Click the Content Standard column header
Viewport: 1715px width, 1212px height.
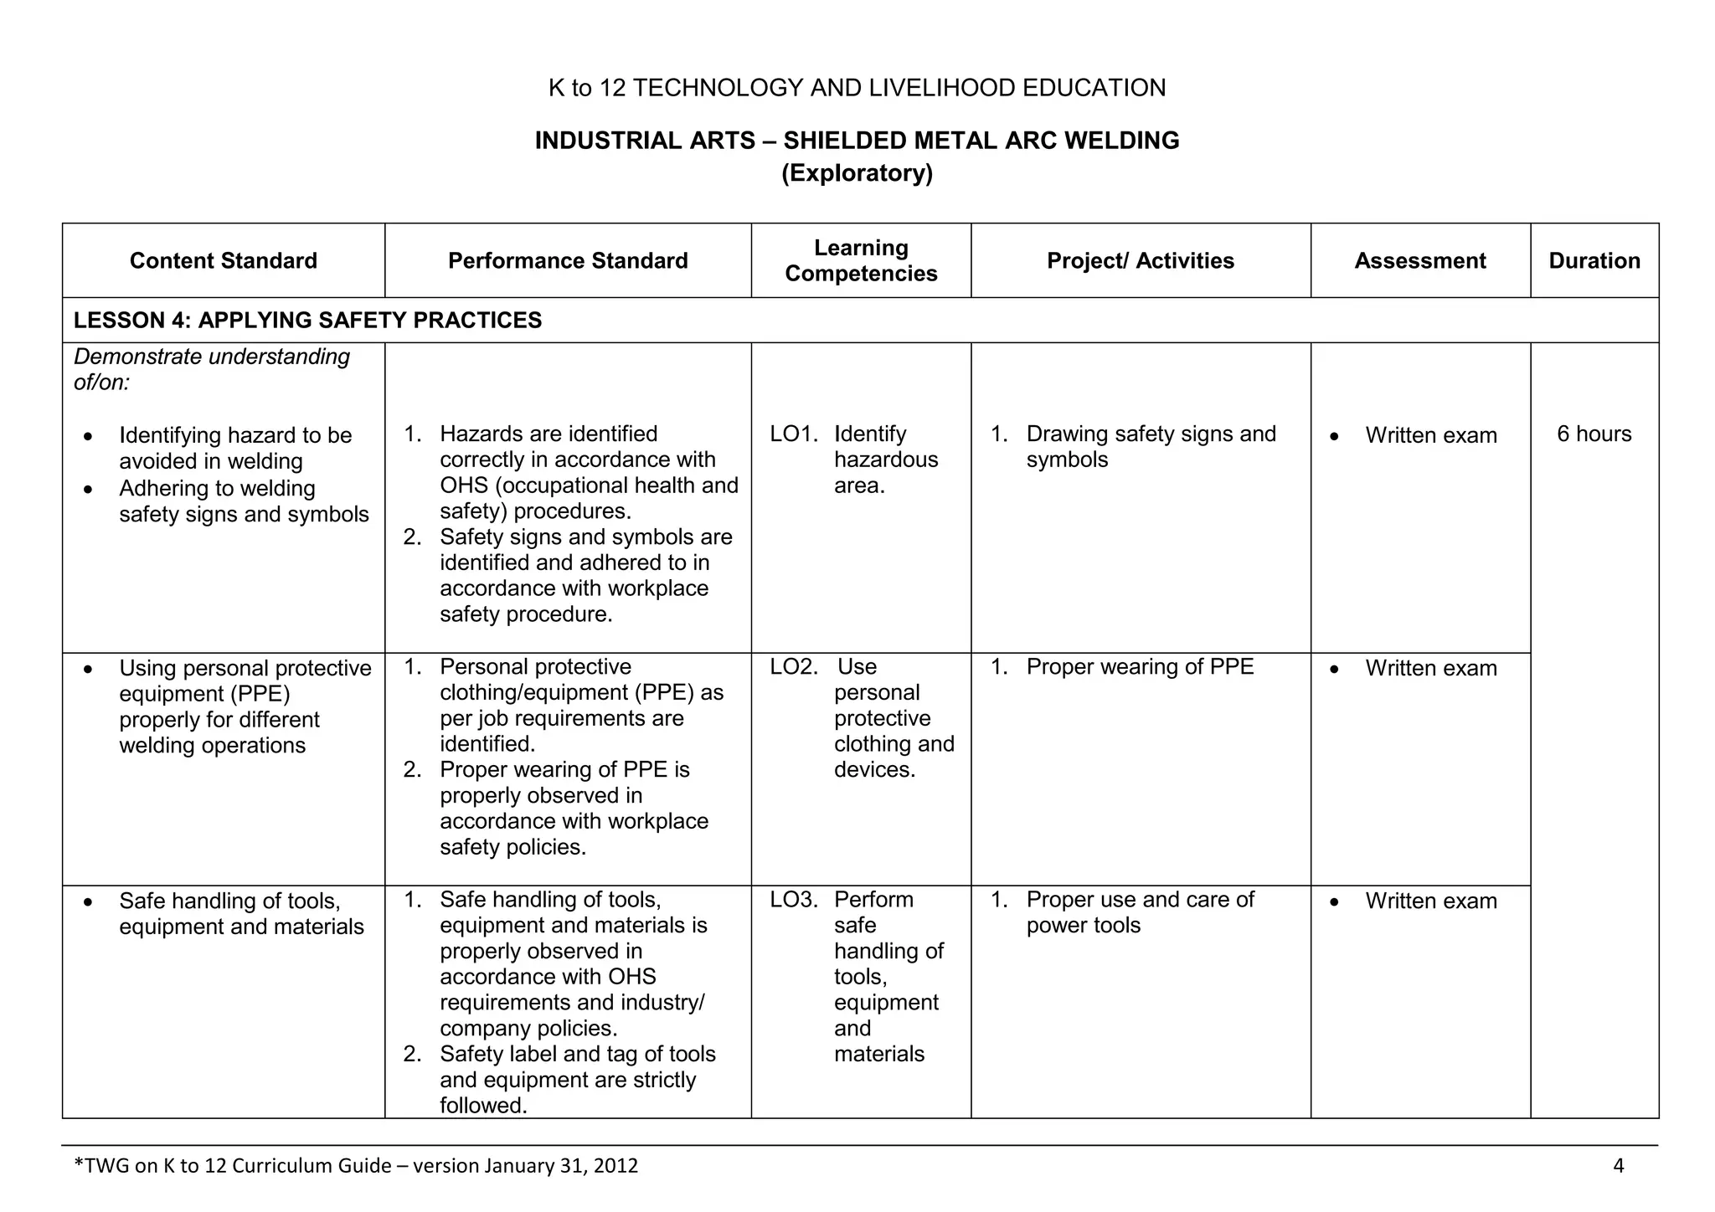223,261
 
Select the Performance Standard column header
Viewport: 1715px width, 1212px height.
568,261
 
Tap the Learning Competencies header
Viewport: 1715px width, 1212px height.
861,261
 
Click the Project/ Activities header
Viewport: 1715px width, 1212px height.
1141,261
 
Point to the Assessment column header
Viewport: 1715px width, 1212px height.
1420,261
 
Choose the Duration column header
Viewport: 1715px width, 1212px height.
1594,261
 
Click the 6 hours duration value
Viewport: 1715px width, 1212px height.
1594,434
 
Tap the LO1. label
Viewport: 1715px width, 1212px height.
793,434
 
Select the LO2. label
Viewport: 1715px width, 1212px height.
793,667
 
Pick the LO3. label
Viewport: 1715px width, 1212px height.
793,900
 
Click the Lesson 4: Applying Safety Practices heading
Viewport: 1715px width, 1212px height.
307,321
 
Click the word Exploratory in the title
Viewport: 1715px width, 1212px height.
857,173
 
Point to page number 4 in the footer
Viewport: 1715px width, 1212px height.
1618,1166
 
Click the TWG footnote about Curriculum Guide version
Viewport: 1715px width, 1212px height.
356,1166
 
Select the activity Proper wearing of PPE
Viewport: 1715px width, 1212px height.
1139,667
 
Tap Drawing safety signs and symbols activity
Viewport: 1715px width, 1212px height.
1150,447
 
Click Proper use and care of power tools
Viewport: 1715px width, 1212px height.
1139,912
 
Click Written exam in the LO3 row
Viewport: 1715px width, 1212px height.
1430,901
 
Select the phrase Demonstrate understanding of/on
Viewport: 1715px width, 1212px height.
211,369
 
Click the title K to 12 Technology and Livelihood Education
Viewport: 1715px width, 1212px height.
857,88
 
